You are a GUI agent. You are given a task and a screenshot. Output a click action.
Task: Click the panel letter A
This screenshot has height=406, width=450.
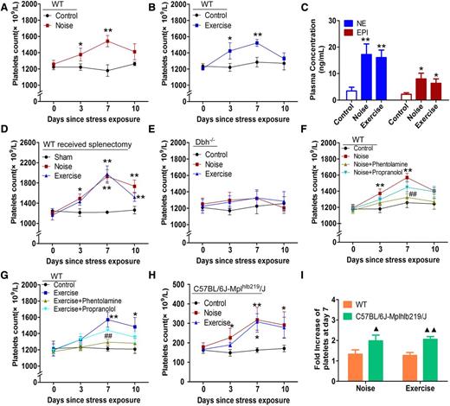click(x=6, y=7)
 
